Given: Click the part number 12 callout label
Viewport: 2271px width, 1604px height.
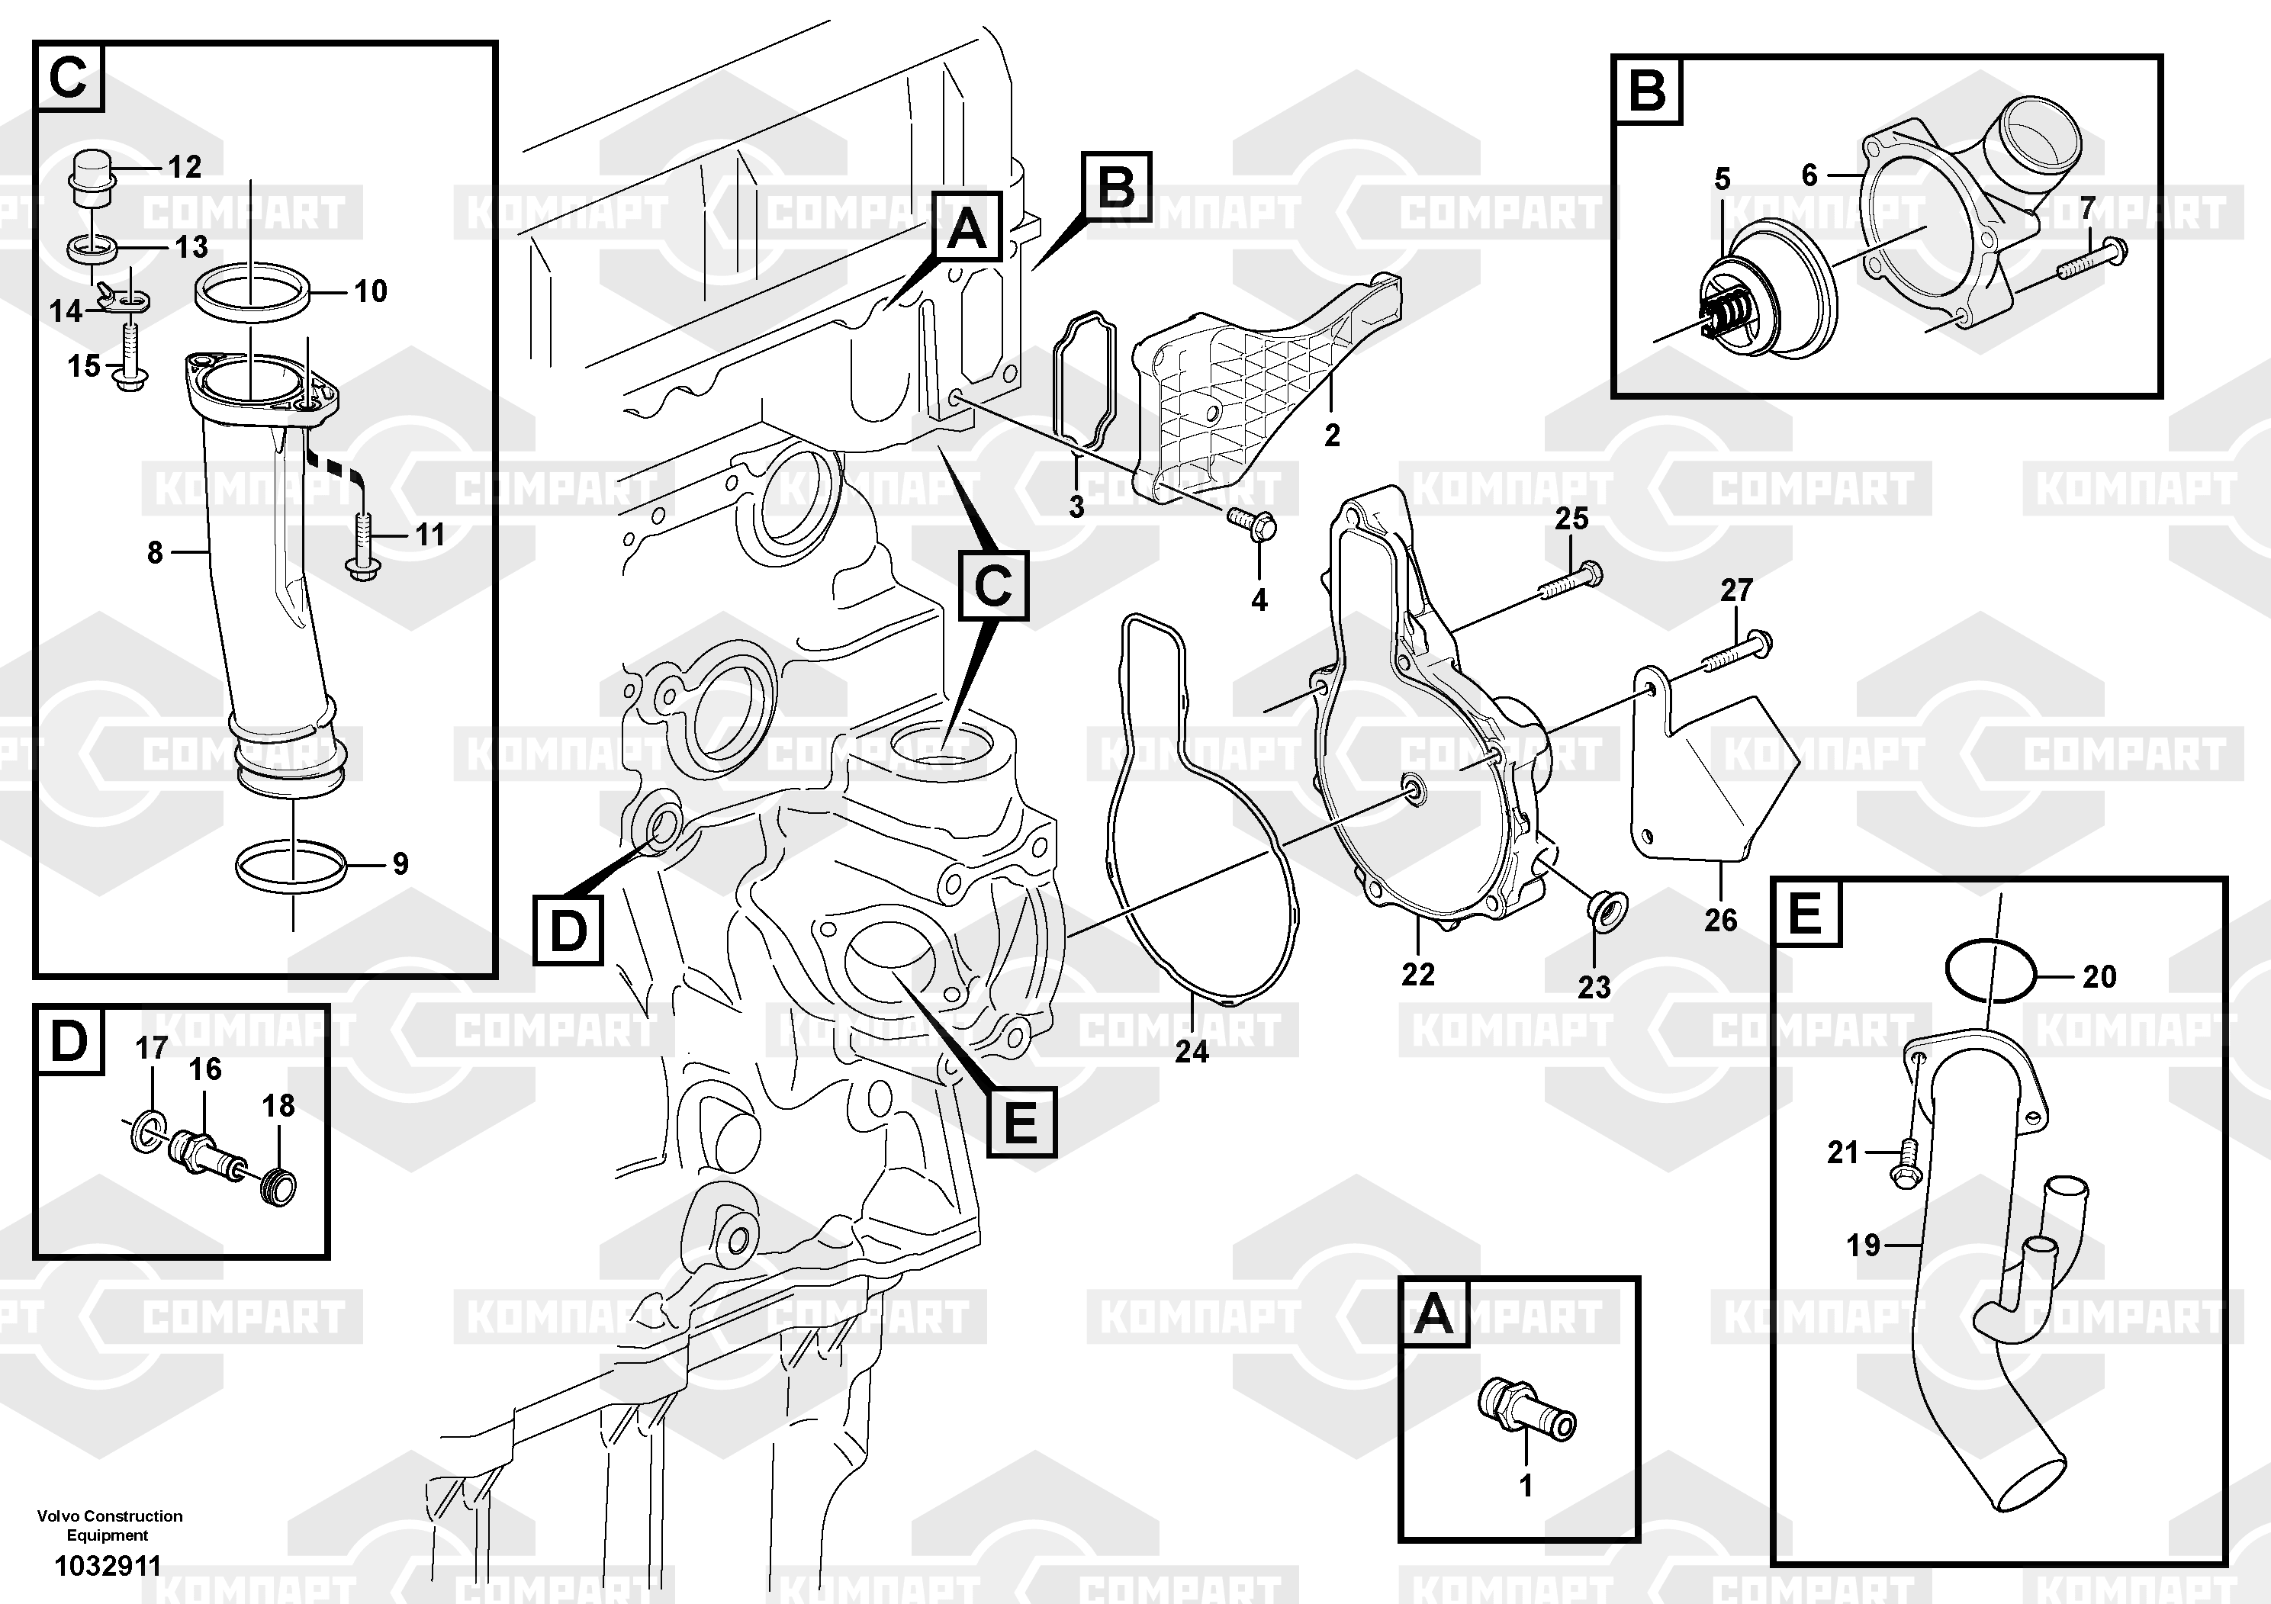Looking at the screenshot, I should [x=185, y=167].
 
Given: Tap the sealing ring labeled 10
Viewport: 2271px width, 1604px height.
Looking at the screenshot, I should [x=253, y=291].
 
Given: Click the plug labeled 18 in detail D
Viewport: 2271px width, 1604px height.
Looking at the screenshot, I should [x=279, y=1186].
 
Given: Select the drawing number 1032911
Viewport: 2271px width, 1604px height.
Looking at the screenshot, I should [x=108, y=1567].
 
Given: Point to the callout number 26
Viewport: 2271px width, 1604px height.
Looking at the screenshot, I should [x=1721, y=921].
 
